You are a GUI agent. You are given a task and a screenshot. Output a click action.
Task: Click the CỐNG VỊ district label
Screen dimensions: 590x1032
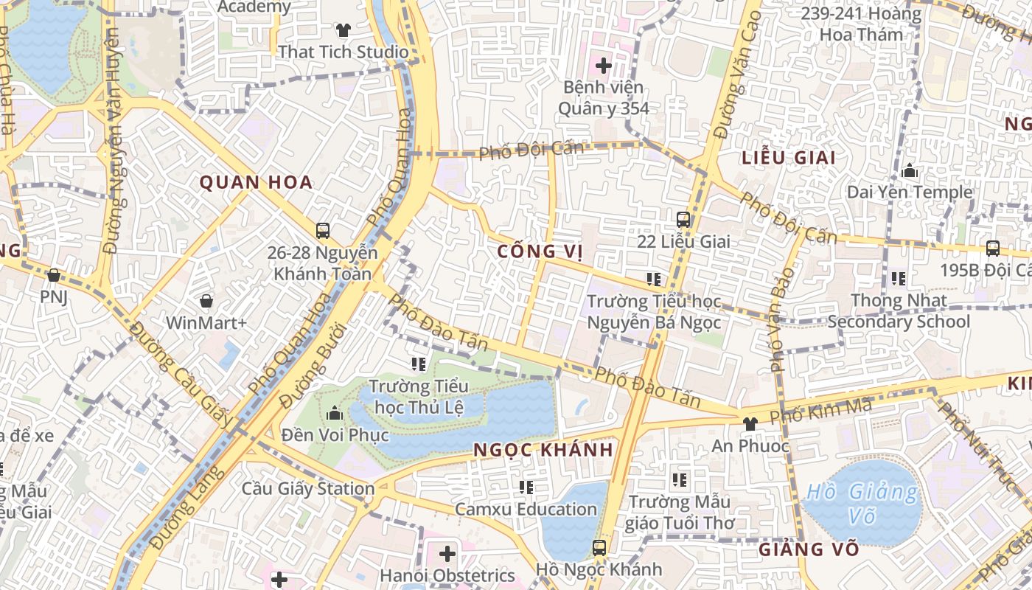click(x=540, y=251)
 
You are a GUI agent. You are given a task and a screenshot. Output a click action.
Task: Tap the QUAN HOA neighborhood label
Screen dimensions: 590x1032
click(x=256, y=183)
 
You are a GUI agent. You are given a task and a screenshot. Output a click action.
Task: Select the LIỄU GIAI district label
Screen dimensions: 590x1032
click(x=789, y=158)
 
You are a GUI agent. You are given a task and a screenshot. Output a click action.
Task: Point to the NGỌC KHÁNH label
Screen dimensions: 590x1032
click(x=543, y=450)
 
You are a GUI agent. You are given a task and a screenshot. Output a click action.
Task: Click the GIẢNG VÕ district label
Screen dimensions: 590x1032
click(x=809, y=549)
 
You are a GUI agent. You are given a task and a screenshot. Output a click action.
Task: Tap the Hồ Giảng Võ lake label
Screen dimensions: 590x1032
click(x=862, y=503)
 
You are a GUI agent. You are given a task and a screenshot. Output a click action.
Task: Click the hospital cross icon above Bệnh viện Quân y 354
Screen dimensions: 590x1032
click(x=604, y=66)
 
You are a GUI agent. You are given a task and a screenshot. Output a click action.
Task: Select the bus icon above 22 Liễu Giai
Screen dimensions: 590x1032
click(x=683, y=219)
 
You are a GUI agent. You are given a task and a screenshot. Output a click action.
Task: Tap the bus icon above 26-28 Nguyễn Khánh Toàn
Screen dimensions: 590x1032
click(x=323, y=230)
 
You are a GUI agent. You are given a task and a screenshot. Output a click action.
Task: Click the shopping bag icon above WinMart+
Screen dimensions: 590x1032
click(x=206, y=301)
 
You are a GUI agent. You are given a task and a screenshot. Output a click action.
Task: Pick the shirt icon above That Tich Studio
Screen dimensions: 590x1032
click(x=344, y=30)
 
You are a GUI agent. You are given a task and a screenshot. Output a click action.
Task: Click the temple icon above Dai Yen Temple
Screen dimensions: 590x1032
click(x=910, y=171)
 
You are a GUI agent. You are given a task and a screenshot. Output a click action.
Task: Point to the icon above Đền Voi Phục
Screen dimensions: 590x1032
click(x=335, y=413)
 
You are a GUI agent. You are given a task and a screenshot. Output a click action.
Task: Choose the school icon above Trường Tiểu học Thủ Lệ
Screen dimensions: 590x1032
click(x=419, y=364)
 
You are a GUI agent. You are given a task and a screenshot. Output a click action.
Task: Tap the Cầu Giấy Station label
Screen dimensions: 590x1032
click(x=308, y=488)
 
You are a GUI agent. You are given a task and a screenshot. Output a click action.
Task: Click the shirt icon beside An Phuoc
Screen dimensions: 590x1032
click(x=750, y=423)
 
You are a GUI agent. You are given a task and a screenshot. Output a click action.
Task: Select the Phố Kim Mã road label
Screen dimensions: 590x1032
click(x=820, y=411)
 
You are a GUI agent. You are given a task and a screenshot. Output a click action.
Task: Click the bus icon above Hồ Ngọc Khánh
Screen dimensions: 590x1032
click(x=599, y=548)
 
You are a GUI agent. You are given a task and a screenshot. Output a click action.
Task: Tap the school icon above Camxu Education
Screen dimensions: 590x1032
click(x=526, y=487)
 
